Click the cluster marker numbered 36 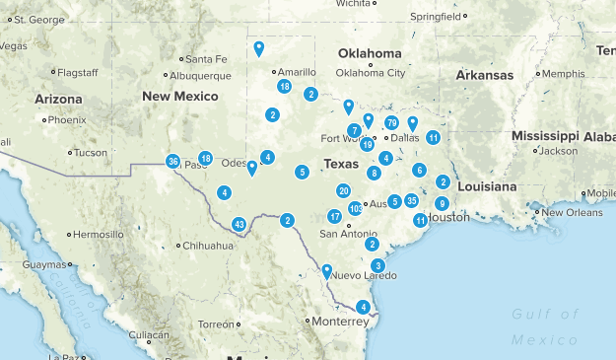pos(173,162)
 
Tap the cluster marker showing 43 pos(239,225)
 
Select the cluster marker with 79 pos(391,123)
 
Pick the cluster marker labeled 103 pos(355,208)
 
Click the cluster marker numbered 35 pos(411,201)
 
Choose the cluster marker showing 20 pos(343,191)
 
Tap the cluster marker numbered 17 pos(335,216)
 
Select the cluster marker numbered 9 pos(442,203)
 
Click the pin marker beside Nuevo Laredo pos(327,270)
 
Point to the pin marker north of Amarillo pos(258,47)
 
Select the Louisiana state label pos(487,185)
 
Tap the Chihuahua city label pos(207,245)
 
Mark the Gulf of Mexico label pos(544,326)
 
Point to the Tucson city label pos(90,153)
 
